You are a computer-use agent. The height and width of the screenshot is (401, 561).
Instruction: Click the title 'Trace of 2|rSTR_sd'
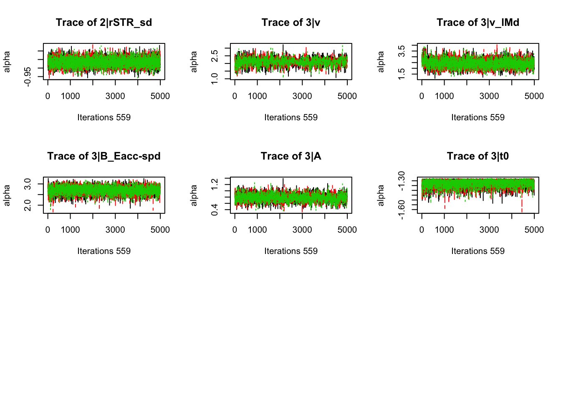104,23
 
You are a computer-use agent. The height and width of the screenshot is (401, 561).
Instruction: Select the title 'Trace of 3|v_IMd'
478,23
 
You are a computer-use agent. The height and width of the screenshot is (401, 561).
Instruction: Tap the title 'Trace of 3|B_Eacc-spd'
104,156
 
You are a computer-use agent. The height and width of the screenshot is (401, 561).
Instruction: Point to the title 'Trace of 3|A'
291,156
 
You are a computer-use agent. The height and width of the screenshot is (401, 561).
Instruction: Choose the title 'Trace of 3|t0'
478,156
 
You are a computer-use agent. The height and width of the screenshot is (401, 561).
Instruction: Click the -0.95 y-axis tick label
28,77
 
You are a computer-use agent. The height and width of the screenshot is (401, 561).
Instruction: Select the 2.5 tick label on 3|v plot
215,56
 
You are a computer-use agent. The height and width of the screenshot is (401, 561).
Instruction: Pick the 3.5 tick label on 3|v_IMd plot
402,51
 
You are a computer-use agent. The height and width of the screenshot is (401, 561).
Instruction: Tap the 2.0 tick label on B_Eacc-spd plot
28,206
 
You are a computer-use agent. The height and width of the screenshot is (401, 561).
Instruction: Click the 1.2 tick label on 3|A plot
215,184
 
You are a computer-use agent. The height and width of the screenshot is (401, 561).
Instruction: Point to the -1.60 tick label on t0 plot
402,210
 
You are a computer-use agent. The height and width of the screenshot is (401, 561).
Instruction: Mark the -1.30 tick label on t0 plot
402,181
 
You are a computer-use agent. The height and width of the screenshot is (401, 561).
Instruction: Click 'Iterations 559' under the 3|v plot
291,117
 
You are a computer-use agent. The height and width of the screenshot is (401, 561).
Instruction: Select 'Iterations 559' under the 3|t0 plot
478,251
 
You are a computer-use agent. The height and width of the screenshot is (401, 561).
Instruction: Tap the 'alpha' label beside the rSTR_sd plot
7,62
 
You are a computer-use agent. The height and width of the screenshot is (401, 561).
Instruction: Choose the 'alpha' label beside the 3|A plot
194,195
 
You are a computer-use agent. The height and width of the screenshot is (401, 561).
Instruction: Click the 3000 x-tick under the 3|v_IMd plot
489,96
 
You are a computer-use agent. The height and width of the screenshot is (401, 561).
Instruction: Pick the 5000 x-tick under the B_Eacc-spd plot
160,230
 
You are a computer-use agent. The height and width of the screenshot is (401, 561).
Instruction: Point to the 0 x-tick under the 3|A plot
235,230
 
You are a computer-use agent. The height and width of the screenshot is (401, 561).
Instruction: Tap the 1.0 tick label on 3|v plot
215,78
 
